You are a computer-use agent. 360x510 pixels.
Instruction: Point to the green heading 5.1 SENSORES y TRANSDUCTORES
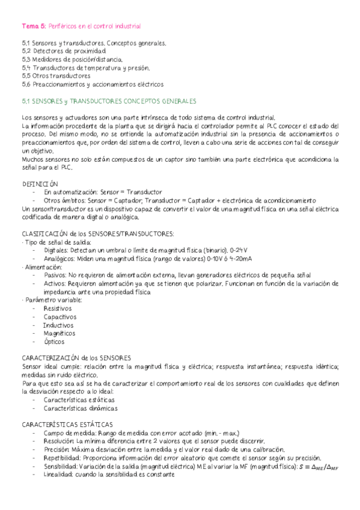[x=112, y=102]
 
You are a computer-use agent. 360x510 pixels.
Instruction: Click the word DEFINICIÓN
[x=40, y=183]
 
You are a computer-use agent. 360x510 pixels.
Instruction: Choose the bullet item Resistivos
[x=57, y=308]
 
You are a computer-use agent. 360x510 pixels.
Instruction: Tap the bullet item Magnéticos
[x=59, y=333]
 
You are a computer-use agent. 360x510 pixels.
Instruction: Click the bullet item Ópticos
[x=54, y=342]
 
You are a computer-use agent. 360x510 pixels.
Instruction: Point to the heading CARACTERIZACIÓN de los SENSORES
[x=80, y=358]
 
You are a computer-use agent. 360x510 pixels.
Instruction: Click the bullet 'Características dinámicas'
[x=81, y=408]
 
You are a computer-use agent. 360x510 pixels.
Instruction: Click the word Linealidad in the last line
[x=57, y=475]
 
